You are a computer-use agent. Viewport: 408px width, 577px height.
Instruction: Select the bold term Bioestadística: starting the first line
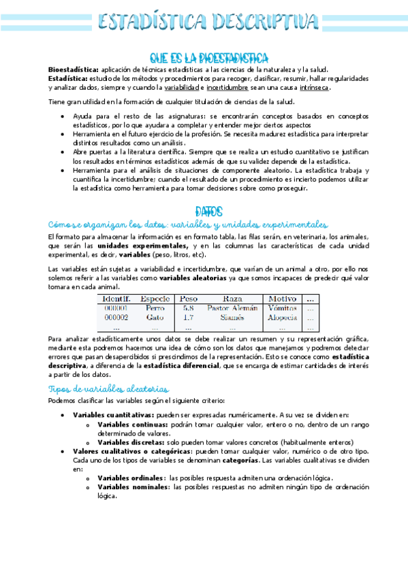[73, 69]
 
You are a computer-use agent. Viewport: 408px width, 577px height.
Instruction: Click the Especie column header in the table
[155, 298]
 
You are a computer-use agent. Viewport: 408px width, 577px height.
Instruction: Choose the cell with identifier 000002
[116, 317]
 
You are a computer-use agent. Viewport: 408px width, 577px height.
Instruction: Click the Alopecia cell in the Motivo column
[283, 317]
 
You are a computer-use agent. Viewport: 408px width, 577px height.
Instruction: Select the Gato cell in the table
[155, 317]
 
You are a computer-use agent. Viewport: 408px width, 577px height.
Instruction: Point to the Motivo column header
[283, 298]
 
